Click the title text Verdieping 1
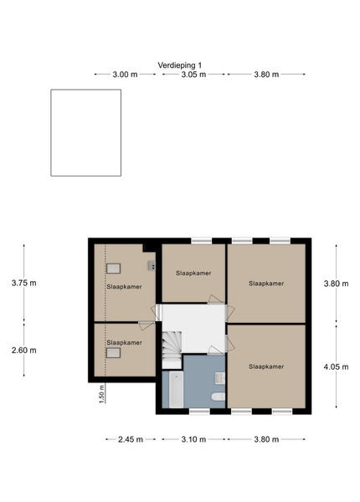pos(180,65)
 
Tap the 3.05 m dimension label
pos(193,74)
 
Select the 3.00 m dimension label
pos(125,74)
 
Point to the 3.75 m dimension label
pos(24,283)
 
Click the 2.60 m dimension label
pos(24,351)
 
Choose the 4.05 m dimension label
pos(336,367)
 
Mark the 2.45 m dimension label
pos(131,439)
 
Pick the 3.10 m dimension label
pos(193,439)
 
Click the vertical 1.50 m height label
pos(102,393)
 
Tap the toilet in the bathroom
pos(219,397)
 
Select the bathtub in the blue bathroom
pos(176,389)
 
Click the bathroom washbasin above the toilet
pos(220,378)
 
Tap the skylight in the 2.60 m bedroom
pos(113,353)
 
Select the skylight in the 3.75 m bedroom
pos(113,269)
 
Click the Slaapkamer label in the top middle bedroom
pos(193,273)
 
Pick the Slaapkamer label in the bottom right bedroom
pos(266,366)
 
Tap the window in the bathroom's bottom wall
pos(199,411)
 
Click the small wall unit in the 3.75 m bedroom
pos(152,266)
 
